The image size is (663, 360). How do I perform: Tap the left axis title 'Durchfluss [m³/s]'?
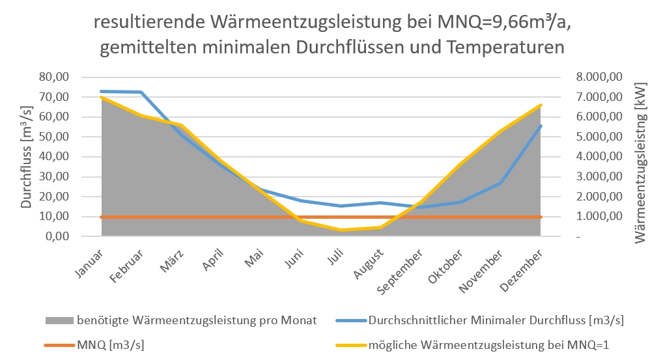point(26,156)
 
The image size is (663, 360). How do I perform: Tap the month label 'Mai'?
point(255,259)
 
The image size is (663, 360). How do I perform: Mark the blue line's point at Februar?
point(141,92)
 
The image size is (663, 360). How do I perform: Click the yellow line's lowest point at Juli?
point(341,230)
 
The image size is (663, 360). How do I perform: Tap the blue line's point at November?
point(500,184)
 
